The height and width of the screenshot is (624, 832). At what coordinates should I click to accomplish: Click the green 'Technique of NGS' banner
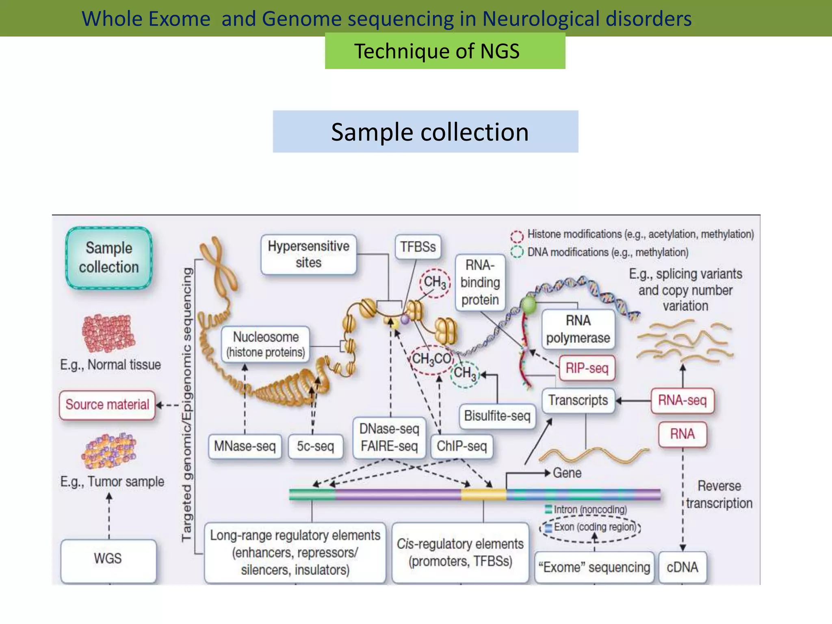[445, 51]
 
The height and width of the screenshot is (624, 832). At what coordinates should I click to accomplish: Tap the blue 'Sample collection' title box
[425, 132]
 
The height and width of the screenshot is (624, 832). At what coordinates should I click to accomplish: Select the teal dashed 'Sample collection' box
[109, 258]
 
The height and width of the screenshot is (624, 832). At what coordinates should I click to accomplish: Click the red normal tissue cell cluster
[108, 333]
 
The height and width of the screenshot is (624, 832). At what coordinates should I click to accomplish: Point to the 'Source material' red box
[107, 405]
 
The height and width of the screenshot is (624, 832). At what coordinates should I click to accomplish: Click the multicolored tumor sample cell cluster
[109, 451]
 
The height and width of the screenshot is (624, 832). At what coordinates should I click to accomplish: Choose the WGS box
[108, 559]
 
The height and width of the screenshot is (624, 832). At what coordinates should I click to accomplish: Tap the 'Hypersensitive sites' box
[309, 254]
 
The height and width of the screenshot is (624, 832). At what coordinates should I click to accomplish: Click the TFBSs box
[418, 247]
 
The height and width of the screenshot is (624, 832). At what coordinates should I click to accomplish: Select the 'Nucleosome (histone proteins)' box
[266, 344]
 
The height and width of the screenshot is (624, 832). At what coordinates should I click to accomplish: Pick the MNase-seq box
[245, 446]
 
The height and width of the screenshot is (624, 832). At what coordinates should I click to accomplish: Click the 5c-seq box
[315, 446]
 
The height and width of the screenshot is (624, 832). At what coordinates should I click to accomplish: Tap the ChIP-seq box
[461, 446]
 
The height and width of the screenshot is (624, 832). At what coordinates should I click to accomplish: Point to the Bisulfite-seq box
[497, 416]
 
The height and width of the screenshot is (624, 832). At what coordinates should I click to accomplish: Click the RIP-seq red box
[587, 368]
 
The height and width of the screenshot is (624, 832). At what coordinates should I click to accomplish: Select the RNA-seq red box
[682, 401]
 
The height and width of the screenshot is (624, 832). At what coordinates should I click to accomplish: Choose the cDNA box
[682, 567]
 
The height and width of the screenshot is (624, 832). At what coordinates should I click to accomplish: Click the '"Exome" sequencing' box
[594, 567]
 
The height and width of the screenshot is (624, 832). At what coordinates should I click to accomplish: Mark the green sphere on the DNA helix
[529, 305]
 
